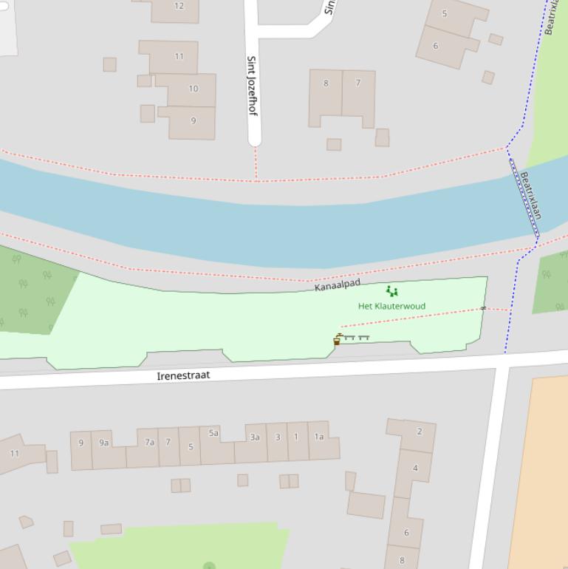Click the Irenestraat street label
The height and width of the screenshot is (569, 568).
[183, 375]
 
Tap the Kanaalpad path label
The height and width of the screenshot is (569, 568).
[338, 284]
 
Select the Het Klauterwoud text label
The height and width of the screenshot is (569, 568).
[391, 306]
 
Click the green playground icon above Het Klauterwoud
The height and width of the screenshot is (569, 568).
[392, 292]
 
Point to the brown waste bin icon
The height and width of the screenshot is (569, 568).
[337, 341]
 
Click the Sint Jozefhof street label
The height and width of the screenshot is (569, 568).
[252, 85]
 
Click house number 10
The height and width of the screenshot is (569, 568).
[193, 89]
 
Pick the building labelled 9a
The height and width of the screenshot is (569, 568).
[104, 443]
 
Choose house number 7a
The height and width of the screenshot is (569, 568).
[149, 443]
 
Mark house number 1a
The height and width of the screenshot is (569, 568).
[319, 437]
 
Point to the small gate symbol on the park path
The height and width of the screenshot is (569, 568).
[484, 308]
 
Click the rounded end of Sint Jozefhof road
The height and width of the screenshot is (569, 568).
[255, 139]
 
